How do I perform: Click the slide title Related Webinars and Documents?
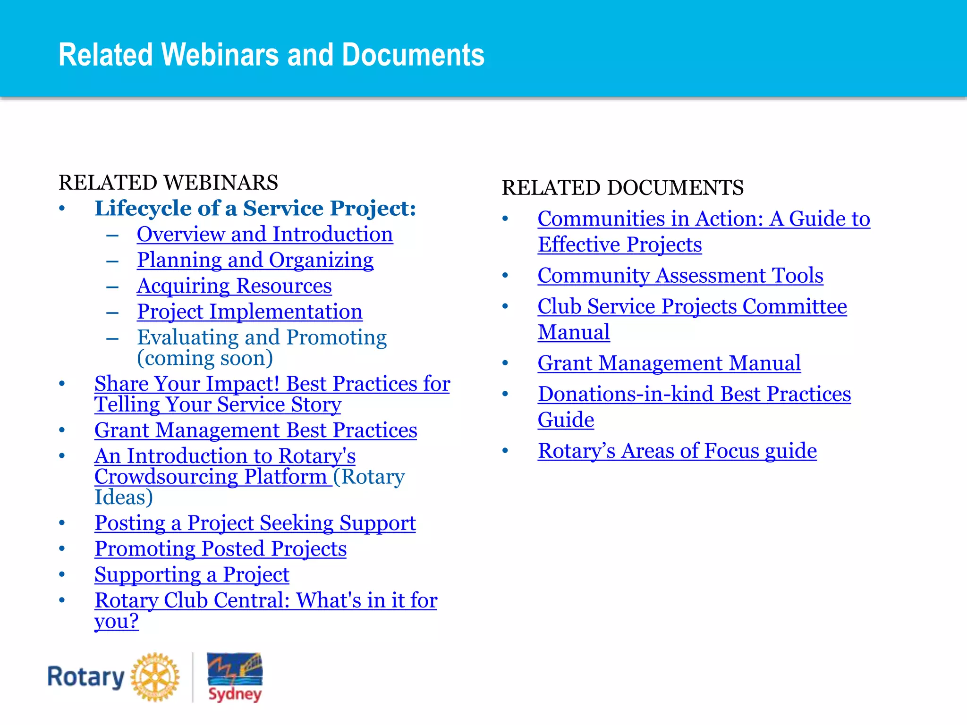click(271, 54)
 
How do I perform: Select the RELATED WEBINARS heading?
click(168, 183)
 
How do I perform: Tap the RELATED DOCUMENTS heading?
click(622, 188)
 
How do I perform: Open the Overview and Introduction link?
click(264, 235)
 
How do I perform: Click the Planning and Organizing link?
click(255, 260)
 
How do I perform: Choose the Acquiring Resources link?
click(234, 286)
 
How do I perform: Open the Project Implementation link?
click(250, 312)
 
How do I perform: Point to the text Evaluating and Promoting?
click(262, 337)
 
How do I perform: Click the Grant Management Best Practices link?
click(255, 430)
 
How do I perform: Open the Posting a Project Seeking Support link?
click(255, 523)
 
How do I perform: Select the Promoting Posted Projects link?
click(221, 549)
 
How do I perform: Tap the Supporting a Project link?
click(192, 575)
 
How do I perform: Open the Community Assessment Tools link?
click(680, 276)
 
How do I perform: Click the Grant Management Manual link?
click(669, 363)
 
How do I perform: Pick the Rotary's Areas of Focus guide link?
click(677, 451)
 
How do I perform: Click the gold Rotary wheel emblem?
click(155, 677)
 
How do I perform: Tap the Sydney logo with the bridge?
click(235, 677)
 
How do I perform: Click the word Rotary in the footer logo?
click(85, 677)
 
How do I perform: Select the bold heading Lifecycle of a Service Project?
click(255, 209)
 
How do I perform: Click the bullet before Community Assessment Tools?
click(505, 276)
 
